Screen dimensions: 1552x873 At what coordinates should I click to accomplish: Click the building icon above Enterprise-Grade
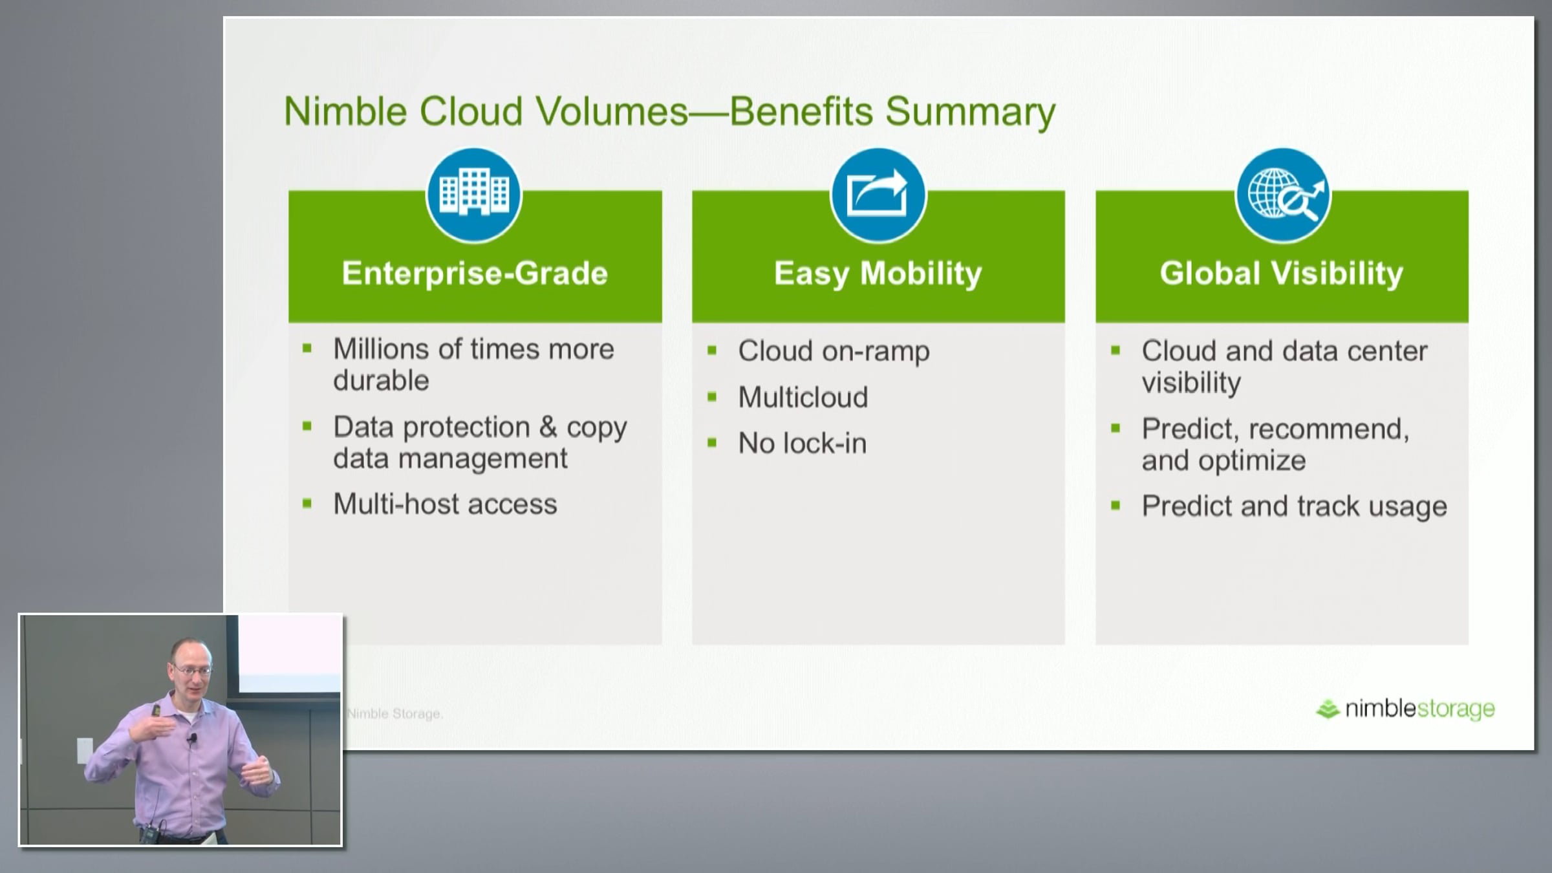pyautogui.click(x=474, y=195)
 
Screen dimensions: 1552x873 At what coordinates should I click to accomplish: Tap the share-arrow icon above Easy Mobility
pyautogui.click(x=878, y=195)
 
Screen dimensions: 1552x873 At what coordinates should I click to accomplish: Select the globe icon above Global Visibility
pyautogui.click(x=1283, y=195)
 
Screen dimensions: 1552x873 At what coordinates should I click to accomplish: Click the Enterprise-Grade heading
pyautogui.click(x=475, y=273)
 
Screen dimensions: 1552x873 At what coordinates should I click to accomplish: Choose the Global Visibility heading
pyautogui.click(x=1282, y=274)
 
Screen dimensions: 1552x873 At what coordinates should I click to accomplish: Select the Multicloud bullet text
pyautogui.click(x=803, y=397)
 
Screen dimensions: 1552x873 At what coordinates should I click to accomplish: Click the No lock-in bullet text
pyautogui.click(x=803, y=444)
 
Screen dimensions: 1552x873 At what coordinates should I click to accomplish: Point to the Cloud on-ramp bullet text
pyautogui.click(x=834, y=352)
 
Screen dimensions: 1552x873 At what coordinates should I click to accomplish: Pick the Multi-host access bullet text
pyautogui.click(x=445, y=504)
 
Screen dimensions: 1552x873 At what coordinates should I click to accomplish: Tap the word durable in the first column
pyautogui.click(x=381, y=381)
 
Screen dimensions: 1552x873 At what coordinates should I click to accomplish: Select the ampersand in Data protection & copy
pyautogui.click(x=548, y=427)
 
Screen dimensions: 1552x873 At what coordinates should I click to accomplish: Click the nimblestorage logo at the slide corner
pyautogui.click(x=1405, y=709)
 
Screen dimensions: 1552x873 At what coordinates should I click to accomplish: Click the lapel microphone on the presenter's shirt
pyautogui.click(x=192, y=738)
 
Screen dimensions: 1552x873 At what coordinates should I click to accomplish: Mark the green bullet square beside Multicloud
pyautogui.click(x=712, y=397)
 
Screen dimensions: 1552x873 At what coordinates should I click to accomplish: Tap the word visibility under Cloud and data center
pyautogui.click(x=1191, y=383)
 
